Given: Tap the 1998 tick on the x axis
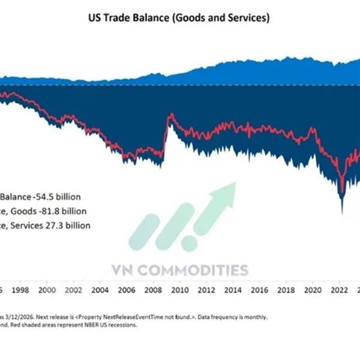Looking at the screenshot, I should (x=20, y=290).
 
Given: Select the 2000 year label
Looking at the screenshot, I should (x=47, y=290).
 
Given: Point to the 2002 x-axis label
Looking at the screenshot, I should (x=74, y=290).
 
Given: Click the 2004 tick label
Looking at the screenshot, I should (x=102, y=290).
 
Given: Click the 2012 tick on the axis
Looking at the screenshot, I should (x=205, y=290).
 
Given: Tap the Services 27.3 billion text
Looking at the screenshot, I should (x=54, y=226).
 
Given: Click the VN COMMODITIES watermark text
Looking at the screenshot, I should (x=179, y=269).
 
